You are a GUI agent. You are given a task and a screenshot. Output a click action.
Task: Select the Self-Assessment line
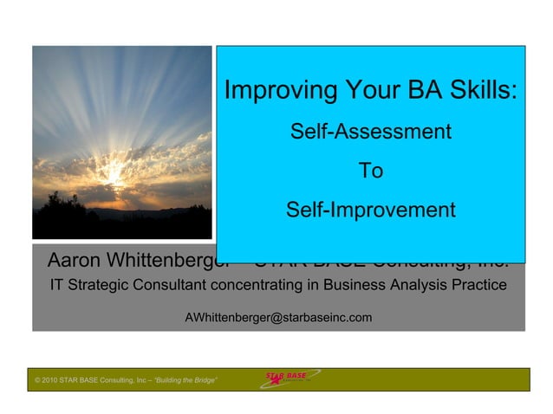(x=370, y=133)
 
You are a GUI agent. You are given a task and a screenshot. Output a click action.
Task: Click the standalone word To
(x=371, y=171)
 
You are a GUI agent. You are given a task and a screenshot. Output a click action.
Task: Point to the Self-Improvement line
(x=370, y=210)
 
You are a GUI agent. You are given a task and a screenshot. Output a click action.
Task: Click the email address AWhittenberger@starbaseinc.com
(x=278, y=318)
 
